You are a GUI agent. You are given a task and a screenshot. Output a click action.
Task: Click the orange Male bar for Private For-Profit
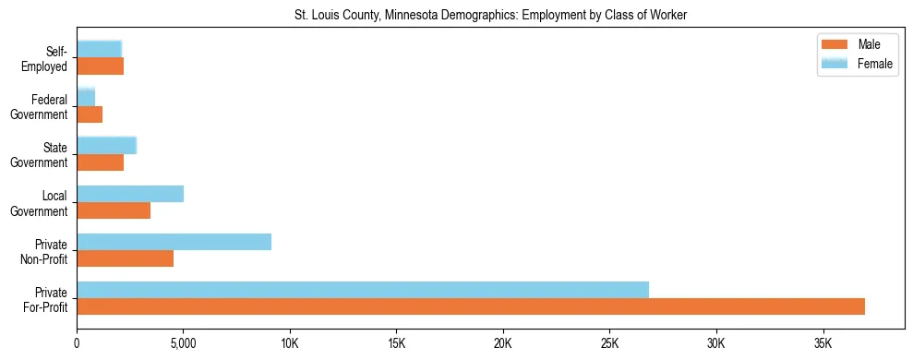pyautogui.click(x=471, y=306)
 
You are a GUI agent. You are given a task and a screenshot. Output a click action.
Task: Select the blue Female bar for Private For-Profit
pyautogui.click(x=363, y=290)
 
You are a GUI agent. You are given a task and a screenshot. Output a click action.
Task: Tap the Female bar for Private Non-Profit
pyautogui.click(x=174, y=242)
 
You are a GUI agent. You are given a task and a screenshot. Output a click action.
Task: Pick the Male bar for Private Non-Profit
pyautogui.click(x=125, y=258)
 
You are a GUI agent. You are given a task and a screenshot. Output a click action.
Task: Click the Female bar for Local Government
pyautogui.click(x=130, y=194)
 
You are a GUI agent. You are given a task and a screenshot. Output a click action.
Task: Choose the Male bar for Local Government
pyautogui.click(x=114, y=210)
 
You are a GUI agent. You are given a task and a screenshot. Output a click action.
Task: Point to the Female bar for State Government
pyautogui.click(x=106, y=146)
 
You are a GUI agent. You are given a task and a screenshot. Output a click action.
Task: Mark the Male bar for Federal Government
pyautogui.click(x=90, y=114)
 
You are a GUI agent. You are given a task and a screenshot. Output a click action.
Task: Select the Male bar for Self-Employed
pyautogui.click(x=100, y=66)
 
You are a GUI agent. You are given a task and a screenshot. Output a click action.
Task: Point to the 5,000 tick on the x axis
pyautogui.click(x=183, y=343)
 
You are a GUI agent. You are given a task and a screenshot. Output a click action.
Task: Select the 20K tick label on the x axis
pyautogui.click(x=502, y=343)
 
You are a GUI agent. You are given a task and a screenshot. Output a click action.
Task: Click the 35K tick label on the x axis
pyautogui.click(x=822, y=343)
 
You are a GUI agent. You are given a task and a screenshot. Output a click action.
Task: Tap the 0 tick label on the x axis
pyautogui.click(x=77, y=343)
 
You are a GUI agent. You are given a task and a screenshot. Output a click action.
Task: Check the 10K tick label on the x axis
pyautogui.click(x=289, y=343)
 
